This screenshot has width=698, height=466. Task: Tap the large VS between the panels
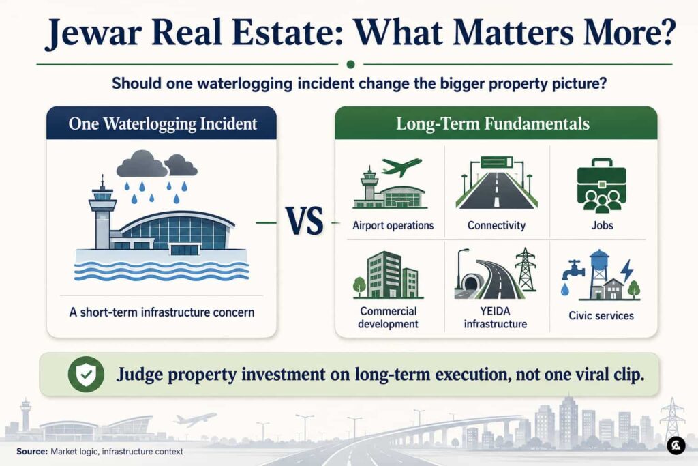point(305,221)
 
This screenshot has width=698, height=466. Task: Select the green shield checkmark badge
point(86,374)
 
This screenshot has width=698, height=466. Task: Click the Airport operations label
point(393,225)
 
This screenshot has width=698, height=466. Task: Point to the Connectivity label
point(496,225)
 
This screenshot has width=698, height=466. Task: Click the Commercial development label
point(388,317)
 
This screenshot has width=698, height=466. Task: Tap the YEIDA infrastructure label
point(496,317)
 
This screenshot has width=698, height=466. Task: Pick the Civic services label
point(601,315)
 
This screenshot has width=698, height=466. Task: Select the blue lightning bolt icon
point(627,270)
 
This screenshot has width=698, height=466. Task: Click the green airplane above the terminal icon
point(401,166)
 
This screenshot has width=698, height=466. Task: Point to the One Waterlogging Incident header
point(162,123)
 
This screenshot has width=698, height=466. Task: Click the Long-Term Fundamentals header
point(493,123)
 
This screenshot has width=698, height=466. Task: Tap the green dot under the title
point(350,65)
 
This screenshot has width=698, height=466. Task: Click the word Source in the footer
point(31,451)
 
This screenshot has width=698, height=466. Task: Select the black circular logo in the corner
point(676,445)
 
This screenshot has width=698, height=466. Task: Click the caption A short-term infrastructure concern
point(162,312)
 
